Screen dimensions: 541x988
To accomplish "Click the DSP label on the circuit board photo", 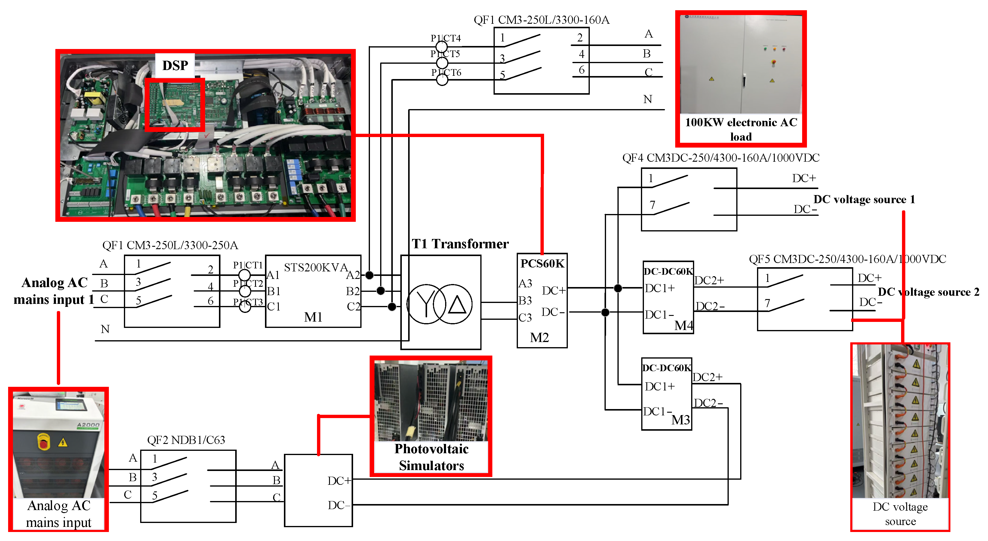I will (175, 66).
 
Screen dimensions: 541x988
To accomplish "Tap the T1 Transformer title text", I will (460, 244).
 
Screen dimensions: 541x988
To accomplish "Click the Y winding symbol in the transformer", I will (426, 304).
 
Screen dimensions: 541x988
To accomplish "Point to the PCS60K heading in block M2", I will (542, 264).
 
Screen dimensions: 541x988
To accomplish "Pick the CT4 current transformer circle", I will (442, 47).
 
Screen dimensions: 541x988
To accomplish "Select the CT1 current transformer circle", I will (245, 275).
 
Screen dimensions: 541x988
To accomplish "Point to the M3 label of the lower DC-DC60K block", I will (680, 420).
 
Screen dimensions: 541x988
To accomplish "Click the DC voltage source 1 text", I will (864, 199).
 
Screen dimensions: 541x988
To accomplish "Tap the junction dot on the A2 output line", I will (369, 275).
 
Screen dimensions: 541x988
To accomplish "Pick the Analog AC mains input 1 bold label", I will (54, 291).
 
